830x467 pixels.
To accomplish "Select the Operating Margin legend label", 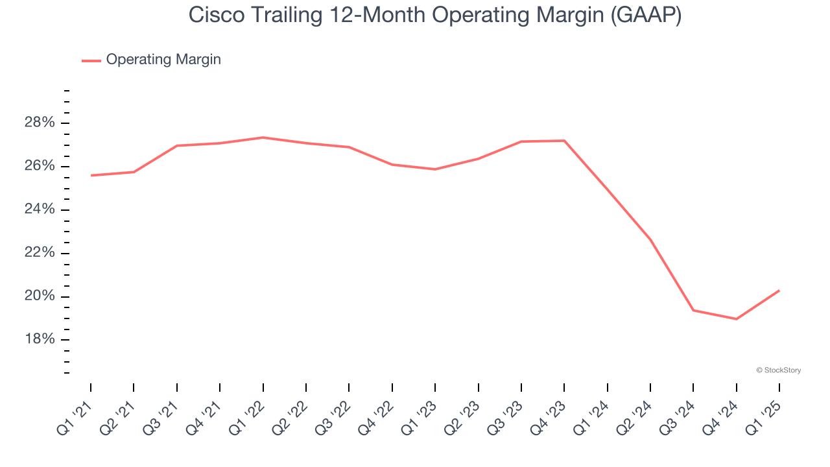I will (x=163, y=60).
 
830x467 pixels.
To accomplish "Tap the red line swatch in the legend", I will (x=91, y=60).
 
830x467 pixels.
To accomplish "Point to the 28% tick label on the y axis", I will (x=39, y=123).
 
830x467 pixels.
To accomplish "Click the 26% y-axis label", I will (x=39, y=167).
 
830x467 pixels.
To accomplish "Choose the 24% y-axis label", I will (x=39, y=210).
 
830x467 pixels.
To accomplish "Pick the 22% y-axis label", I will (x=39, y=253).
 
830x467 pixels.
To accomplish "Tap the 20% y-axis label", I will (x=39, y=296).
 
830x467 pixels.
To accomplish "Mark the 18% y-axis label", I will (x=39, y=340).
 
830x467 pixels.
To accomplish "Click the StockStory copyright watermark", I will (x=778, y=370).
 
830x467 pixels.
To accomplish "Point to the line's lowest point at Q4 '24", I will (x=737, y=319).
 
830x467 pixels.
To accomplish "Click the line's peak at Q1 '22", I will (x=263, y=138).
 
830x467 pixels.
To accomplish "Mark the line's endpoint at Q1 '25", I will (x=779, y=291).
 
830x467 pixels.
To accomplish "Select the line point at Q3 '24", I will (x=693, y=310).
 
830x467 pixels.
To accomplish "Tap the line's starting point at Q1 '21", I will (x=91, y=175).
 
